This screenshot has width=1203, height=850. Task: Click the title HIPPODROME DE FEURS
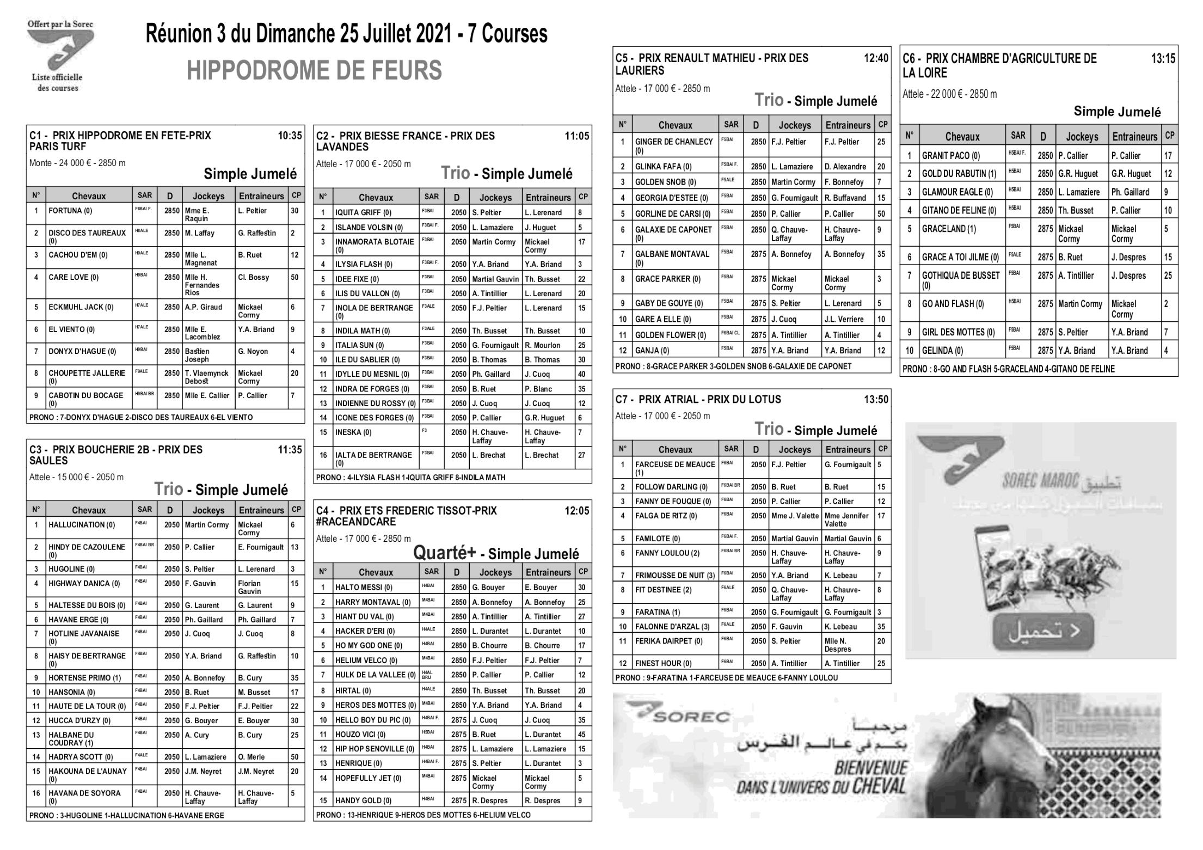(314, 71)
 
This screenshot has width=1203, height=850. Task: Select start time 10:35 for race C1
(290, 136)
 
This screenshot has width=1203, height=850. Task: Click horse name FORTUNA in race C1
(70, 211)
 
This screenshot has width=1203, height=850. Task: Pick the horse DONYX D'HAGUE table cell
(82, 351)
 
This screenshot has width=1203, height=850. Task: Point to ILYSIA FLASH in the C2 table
(363, 264)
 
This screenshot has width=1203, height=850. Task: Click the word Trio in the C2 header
(455, 173)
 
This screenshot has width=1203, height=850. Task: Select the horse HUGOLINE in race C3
(71, 569)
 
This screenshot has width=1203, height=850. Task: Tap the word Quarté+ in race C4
(444, 553)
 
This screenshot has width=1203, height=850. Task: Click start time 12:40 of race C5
(876, 58)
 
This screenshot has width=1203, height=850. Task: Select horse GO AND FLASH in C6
(953, 304)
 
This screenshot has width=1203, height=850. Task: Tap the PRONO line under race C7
(726, 678)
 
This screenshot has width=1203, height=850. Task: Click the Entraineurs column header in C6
(1134, 137)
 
